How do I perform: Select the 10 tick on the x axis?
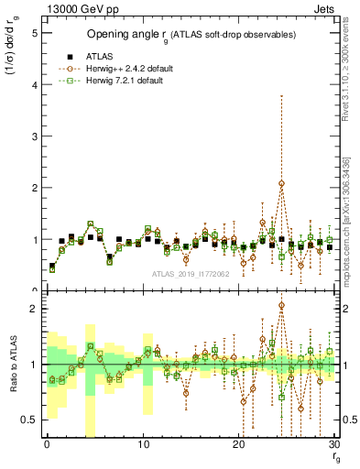143,445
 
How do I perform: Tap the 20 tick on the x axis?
239,445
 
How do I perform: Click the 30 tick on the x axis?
334,445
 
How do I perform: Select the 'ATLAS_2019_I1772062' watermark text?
191,274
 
